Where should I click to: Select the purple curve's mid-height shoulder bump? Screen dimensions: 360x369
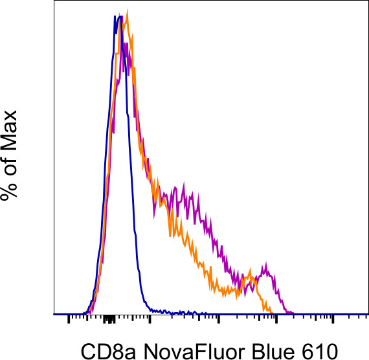click(184, 187)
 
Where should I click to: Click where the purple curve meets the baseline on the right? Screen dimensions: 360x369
click(293, 313)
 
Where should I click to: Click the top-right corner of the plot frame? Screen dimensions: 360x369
click(367, 2)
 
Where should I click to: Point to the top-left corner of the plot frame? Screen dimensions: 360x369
click(52, 2)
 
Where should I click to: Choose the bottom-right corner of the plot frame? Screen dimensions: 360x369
click(367, 314)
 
